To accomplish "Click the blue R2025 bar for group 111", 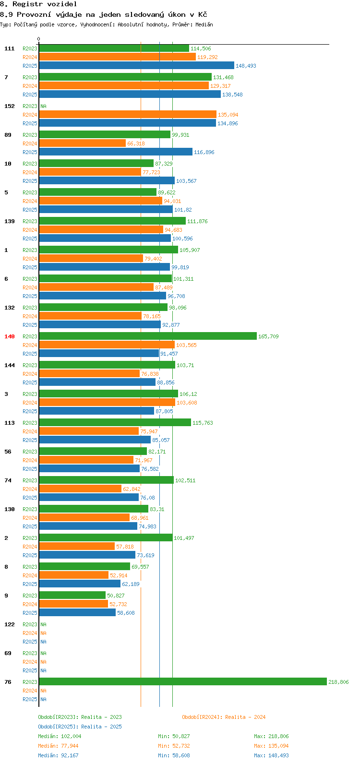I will click(136, 66).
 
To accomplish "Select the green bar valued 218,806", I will click(183, 682).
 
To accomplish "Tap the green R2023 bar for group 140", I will click(148, 336).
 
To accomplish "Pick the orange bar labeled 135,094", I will click(128, 115).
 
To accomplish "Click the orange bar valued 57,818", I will click(77, 547).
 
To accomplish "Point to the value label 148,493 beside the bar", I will click(246, 66).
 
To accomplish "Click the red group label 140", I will click(10, 336).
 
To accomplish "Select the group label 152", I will click(10, 106).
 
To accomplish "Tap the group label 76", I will click(8, 682).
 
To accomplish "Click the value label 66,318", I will click(136, 144).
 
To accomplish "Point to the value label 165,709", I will click(268, 337).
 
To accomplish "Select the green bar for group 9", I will click(72, 596).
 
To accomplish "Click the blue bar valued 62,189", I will click(80, 584).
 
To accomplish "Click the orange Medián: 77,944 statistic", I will click(58, 746).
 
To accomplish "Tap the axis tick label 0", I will click(39, 39).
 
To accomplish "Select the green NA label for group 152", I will click(43, 106).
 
